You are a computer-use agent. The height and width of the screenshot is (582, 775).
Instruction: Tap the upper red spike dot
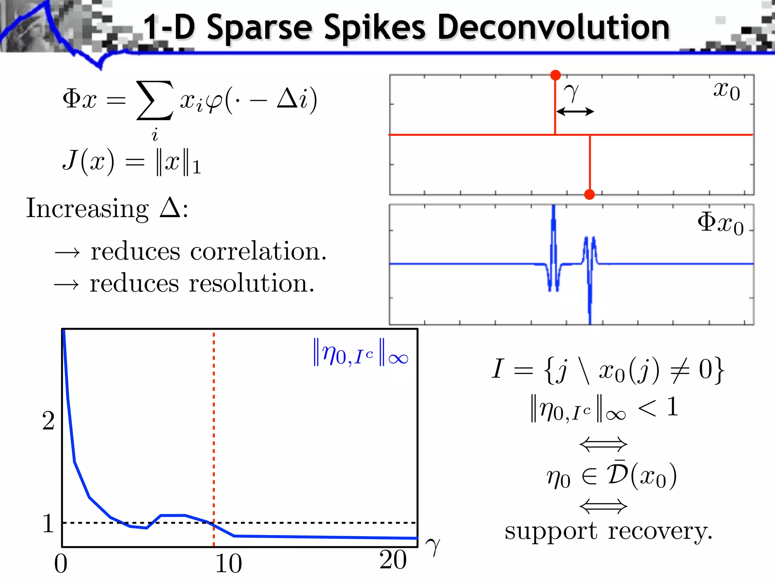click(555, 75)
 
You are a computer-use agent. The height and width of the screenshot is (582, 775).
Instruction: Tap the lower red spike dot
click(589, 194)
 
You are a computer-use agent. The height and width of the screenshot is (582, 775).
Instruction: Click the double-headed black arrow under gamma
click(575, 111)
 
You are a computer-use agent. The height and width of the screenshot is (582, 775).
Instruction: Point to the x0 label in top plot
click(726, 91)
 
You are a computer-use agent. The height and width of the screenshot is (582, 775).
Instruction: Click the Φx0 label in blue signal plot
click(720, 223)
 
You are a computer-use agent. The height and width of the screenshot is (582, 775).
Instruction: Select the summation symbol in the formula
click(155, 100)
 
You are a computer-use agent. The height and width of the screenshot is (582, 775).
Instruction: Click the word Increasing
click(87, 208)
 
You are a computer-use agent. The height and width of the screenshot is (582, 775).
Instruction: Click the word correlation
click(258, 252)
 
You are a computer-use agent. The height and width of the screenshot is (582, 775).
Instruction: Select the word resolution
click(251, 283)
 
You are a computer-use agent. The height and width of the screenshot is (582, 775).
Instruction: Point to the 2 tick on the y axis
click(48, 421)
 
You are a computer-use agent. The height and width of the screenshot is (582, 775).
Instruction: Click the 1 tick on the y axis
click(48, 523)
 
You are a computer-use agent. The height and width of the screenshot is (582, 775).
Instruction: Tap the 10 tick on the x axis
click(228, 563)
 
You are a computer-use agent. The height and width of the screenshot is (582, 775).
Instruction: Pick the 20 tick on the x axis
click(393, 560)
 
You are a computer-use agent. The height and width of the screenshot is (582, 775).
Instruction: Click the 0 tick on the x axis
click(61, 563)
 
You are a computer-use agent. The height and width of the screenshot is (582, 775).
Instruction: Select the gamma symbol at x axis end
click(433, 546)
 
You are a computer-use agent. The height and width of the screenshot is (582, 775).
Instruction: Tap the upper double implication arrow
click(603, 444)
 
